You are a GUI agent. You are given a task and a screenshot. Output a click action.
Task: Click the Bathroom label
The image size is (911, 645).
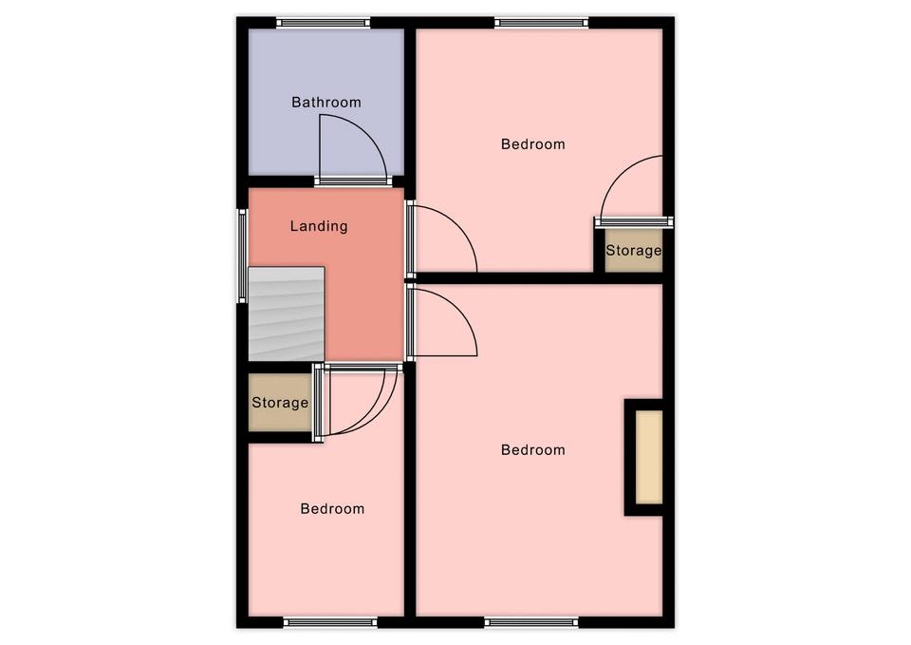pos(325,103)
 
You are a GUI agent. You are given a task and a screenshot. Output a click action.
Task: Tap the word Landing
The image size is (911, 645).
pos(319,226)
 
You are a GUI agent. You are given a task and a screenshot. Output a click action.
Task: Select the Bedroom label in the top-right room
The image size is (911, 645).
pos(532,143)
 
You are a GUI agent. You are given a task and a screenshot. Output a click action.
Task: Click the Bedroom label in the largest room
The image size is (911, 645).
pos(532,449)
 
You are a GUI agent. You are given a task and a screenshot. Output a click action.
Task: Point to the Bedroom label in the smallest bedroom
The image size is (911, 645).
pos(332,509)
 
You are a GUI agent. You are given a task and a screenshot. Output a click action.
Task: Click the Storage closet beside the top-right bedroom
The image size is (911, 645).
pos(633,251)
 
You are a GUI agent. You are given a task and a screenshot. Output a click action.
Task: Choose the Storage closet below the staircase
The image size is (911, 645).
pos(279,403)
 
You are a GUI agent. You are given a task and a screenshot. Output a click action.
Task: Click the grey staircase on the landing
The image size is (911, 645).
pos(287,314)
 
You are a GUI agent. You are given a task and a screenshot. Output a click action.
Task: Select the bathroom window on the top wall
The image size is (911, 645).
pos(323,23)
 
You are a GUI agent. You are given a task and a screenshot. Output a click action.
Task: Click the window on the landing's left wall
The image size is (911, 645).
pos(242,256)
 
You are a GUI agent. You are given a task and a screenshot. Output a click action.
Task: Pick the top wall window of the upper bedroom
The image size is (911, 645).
pos(542,23)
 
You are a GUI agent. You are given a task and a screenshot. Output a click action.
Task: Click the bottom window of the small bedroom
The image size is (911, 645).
pos(330,622)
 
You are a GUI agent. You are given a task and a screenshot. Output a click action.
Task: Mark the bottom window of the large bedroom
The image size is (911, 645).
pos(531,622)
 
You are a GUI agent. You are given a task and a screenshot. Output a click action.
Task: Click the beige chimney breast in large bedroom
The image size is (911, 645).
pos(649,457)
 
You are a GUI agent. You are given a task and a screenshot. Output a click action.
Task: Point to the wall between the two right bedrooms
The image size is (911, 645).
pos(540,278)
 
